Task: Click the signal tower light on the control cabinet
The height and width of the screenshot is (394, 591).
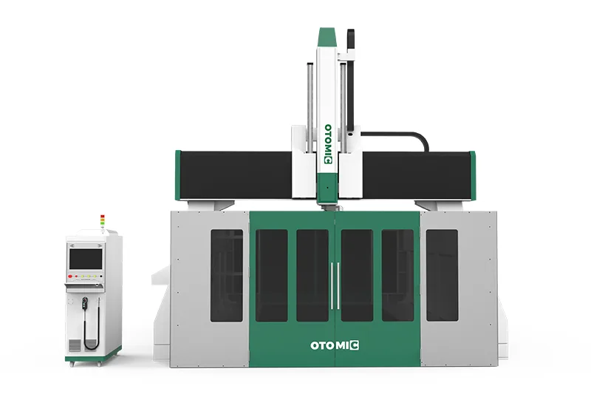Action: (x=103, y=221)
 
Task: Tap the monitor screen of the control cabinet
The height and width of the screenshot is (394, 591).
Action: (x=86, y=258)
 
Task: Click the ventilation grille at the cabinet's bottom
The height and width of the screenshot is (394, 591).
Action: (x=75, y=346)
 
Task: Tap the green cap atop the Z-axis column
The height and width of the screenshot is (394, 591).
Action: (x=328, y=35)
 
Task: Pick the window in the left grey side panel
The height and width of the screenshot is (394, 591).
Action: (x=226, y=275)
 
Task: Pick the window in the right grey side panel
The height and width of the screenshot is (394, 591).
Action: (x=442, y=275)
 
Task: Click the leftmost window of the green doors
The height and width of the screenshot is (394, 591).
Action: (x=271, y=275)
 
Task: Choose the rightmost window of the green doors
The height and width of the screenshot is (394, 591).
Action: (x=397, y=275)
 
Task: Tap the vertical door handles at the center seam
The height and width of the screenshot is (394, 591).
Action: (x=335, y=285)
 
